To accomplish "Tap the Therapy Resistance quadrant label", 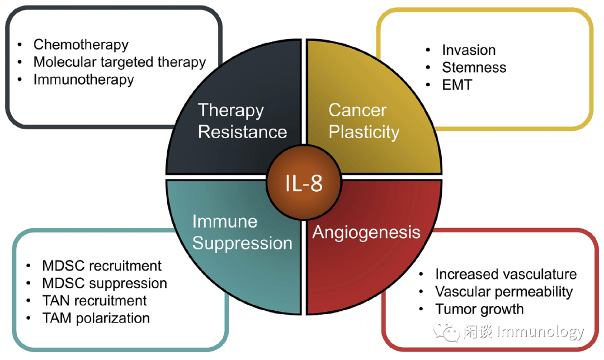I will coord(242,121).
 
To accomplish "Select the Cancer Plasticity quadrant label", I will coord(364,121).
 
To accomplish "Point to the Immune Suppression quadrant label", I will coord(242,232).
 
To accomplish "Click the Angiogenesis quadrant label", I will coord(366,232).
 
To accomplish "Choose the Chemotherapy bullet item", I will coord(81,44).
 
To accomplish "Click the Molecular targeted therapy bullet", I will coord(119,61).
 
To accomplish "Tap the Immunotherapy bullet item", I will coord(83,79).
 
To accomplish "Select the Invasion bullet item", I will coord(469,50).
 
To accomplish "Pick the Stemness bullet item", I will coord(474,68).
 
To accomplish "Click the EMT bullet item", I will coord(457,85).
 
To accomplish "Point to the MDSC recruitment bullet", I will coord(102,265).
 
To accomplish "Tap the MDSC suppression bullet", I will coord(105,283).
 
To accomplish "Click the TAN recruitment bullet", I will coord(95,300).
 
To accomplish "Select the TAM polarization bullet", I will coord(96,318).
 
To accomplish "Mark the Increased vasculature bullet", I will coord(506,274).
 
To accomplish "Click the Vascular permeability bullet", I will coord(504,291).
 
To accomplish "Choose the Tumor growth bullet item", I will coord(479,309).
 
